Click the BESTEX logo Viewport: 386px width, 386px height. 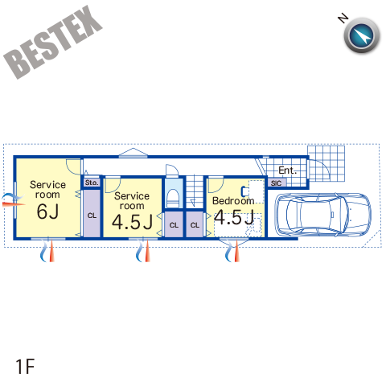point(52,42)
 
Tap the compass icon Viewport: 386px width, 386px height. point(362,35)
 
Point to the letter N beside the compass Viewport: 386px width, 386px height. point(343,18)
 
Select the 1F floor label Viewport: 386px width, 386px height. point(25,367)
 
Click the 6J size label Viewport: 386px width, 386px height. point(47,211)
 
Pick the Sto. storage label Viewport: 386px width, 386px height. point(92,183)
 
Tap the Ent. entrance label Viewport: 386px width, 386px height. point(287,170)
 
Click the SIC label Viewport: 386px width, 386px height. point(276,183)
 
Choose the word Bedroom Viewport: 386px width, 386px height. point(233,200)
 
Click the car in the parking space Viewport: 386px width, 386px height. point(323,215)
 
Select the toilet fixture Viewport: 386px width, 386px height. point(174,198)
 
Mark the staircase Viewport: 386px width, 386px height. point(195,191)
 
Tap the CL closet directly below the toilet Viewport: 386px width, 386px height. point(174,224)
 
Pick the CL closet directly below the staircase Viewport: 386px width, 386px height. point(195,224)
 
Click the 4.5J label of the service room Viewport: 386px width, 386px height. point(132,222)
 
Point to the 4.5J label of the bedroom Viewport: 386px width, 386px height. point(234,217)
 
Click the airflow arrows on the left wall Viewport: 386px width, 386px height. point(14,200)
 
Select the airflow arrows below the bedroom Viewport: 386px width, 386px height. point(232,252)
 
